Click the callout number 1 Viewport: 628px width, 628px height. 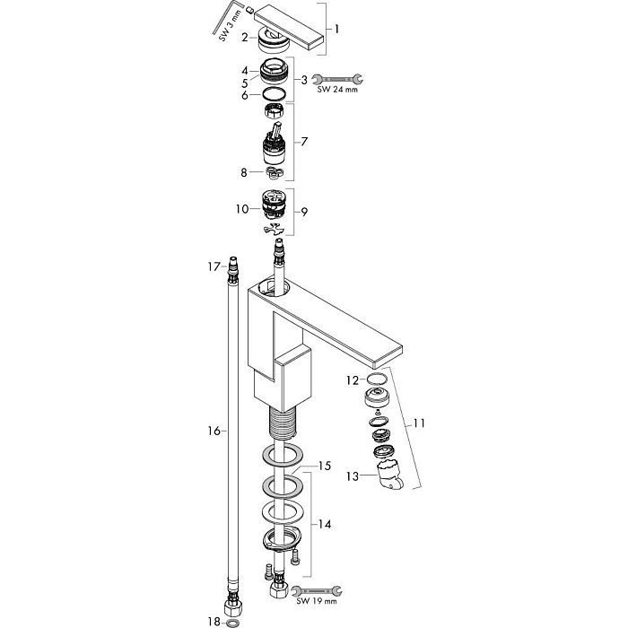pyautogui.click(x=336, y=28)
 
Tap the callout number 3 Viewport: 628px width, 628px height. pyautogui.click(x=304, y=80)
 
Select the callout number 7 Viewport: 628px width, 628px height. pyautogui.click(x=306, y=143)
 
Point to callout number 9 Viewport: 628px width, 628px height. pyautogui.click(x=305, y=211)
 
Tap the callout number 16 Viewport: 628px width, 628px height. pyautogui.click(x=214, y=432)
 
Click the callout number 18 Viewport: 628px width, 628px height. pyautogui.click(x=214, y=621)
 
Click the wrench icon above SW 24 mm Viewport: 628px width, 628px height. pyautogui.click(x=338, y=79)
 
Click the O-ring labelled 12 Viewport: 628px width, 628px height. pyautogui.click(x=378, y=380)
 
